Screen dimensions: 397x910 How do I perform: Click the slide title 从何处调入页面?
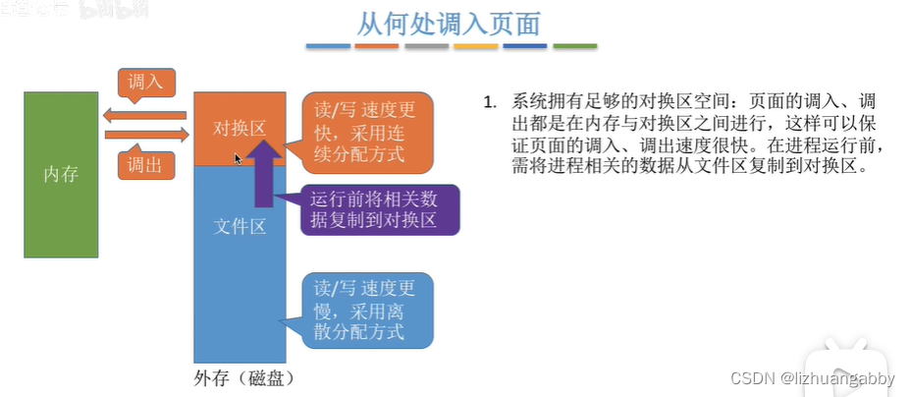(449, 23)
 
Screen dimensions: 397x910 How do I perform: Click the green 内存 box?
(61, 174)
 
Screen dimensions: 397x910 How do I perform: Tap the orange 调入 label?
(145, 82)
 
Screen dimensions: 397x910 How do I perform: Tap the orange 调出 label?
(145, 165)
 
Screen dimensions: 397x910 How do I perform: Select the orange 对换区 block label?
(239, 128)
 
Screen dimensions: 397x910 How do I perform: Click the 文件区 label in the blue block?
(240, 227)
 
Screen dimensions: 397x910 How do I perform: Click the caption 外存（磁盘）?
(243, 378)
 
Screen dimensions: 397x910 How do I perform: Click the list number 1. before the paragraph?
(491, 102)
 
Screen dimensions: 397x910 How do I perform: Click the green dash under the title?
(574, 46)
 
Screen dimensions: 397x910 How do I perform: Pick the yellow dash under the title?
(476, 46)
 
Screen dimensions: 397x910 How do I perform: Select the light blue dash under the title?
(328, 46)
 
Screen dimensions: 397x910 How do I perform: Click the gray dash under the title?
(426, 46)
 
